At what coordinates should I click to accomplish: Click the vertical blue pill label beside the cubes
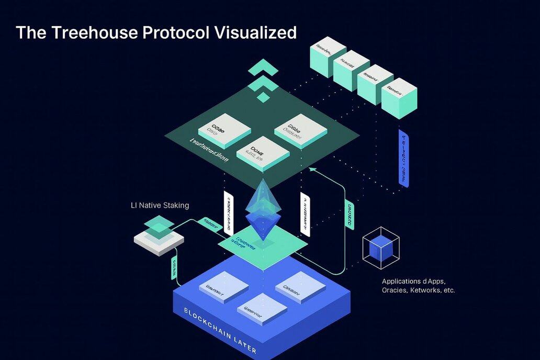click(404, 157)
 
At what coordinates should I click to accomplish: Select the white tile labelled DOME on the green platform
click(263, 152)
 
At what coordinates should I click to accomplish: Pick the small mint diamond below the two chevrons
click(264, 97)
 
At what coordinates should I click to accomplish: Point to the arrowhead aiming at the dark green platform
click(312, 169)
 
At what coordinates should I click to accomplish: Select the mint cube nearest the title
click(328, 56)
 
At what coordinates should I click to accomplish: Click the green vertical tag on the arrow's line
click(348, 214)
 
